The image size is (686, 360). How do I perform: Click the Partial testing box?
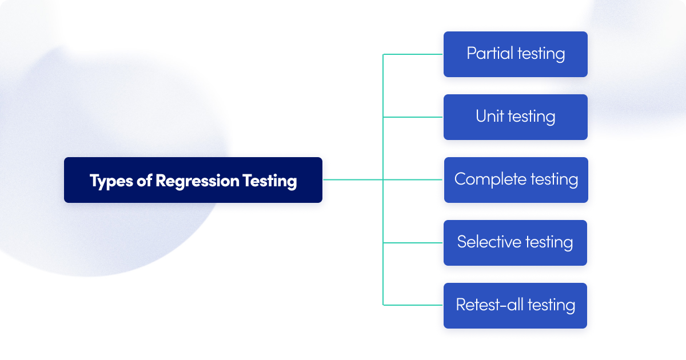pyautogui.click(x=515, y=54)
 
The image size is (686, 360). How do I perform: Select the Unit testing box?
pyautogui.click(x=515, y=117)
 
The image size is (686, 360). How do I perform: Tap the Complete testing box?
pyautogui.click(x=516, y=180)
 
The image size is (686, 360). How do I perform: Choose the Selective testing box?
pyautogui.click(x=515, y=243)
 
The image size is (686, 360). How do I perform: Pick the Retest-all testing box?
pyautogui.click(x=515, y=306)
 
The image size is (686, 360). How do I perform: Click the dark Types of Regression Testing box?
pyautogui.click(x=193, y=180)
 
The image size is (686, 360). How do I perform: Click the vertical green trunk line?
pyautogui.click(x=383, y=149)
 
